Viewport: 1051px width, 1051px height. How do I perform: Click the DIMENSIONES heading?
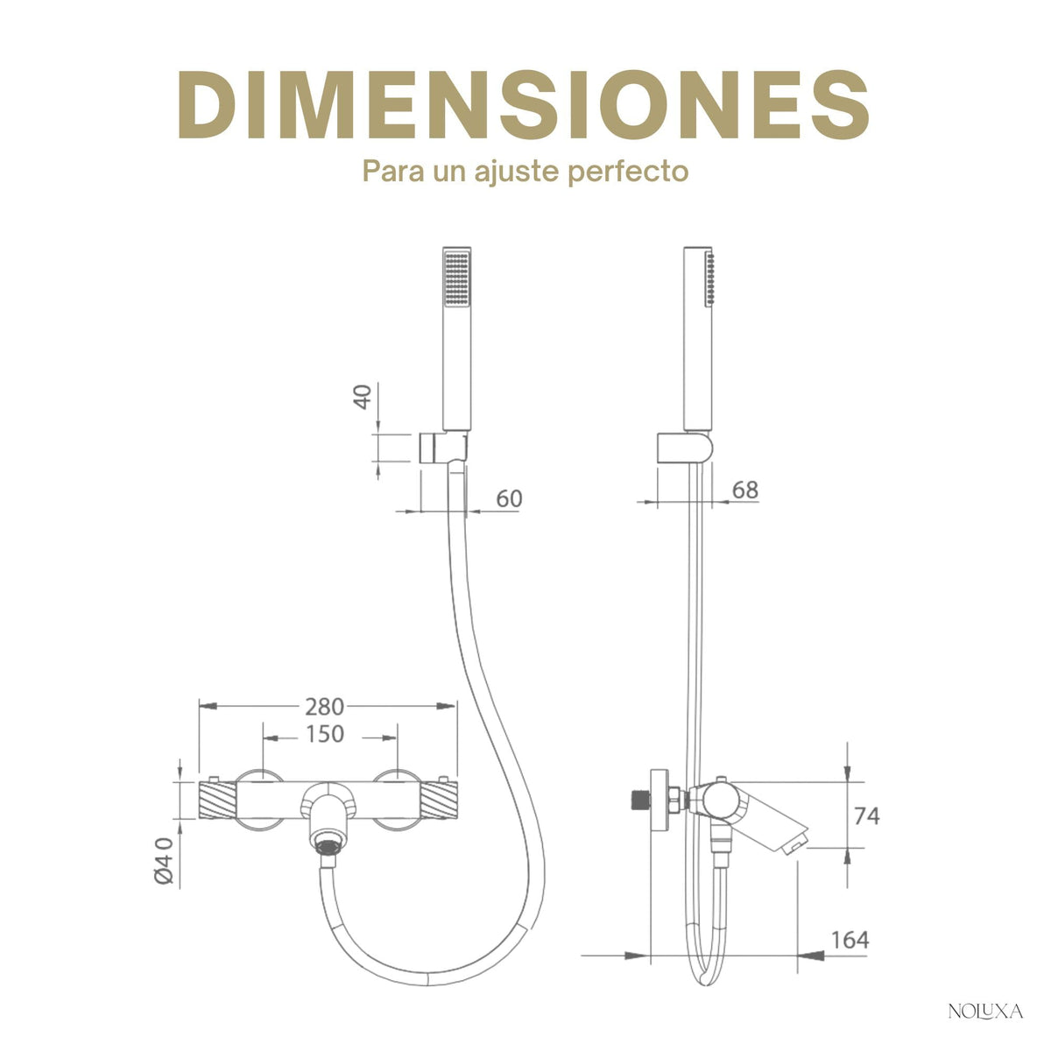[x=524, y=104]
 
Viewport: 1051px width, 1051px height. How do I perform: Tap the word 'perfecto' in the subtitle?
[x=628, y=173]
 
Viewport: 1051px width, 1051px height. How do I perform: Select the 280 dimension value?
[x=325, y=707]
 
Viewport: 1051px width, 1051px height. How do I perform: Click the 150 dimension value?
[x=325, y=734]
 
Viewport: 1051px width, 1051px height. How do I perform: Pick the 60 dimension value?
[x=509, y=498]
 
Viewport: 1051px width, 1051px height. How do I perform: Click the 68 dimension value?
[x=745, y=490]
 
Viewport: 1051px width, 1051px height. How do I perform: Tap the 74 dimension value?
[x=867, y=816]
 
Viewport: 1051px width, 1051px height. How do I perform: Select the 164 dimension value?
[x=850, y=940]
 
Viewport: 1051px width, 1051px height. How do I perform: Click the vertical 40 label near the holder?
[x=363, y=397]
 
